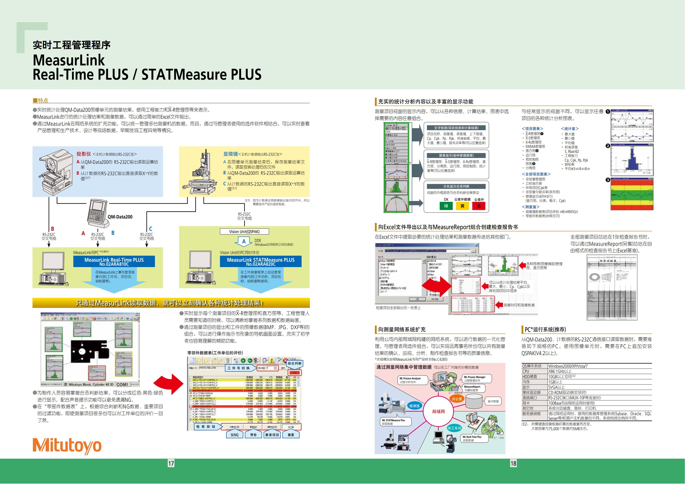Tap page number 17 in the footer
point(171,463)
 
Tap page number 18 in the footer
point(513,463)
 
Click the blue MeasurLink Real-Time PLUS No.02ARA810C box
point(114,261)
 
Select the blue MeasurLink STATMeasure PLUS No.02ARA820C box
point(261,261)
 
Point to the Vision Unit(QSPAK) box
point(244,231)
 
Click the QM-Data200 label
point(120,217)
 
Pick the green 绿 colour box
point(446,206)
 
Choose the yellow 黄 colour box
point(462,206)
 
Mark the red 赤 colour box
point(478,206)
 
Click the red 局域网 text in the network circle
point(438,412)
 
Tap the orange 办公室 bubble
point(457,399)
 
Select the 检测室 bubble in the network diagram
point(414,406)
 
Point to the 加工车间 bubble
point(454,428)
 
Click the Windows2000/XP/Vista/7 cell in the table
point(568,366)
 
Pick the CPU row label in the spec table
point(526,371)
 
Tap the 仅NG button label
point(235,435)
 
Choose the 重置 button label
point(291,435)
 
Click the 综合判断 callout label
point(294,363)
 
